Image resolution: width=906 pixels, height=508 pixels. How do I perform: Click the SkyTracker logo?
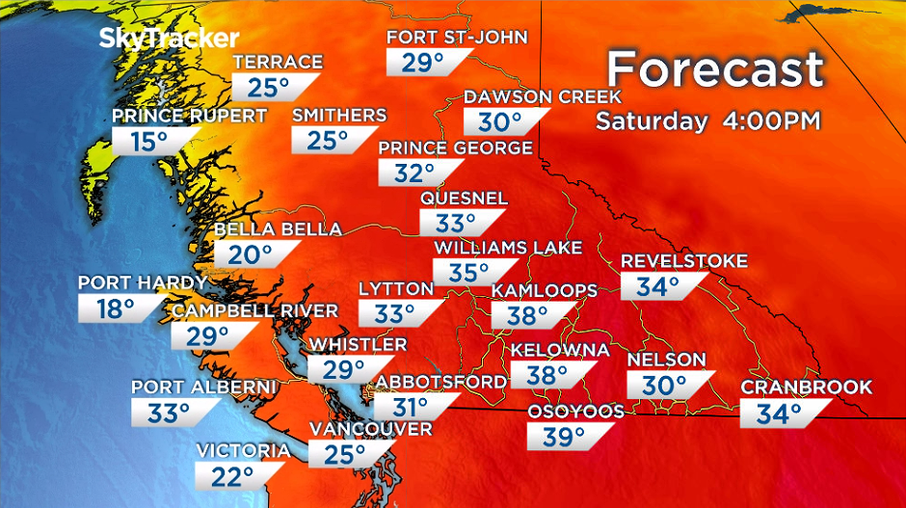point(169,39)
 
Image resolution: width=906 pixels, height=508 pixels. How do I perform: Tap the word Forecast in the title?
point(715,70)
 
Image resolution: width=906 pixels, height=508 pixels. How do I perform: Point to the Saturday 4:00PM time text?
point(707,121)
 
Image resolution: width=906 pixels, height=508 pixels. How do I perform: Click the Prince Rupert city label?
point(189,116)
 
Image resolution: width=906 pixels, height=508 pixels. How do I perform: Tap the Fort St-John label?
point(457,38)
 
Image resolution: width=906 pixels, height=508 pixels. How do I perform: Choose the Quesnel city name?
point(464,199)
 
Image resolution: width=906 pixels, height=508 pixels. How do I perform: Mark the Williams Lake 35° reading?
point(469,273)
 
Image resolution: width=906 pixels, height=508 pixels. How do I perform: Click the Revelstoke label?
point(684,261)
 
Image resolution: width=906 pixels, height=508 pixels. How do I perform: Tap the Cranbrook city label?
point(806,388)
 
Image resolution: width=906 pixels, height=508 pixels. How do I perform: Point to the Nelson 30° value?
point(666,385)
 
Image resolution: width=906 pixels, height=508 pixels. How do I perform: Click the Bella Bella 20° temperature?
point(251,254)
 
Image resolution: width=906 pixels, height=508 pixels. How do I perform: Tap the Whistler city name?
point(358,344)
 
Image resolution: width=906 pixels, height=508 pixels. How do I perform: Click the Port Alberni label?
point(204,388)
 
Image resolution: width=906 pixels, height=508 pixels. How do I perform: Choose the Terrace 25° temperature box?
point(269,88)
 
